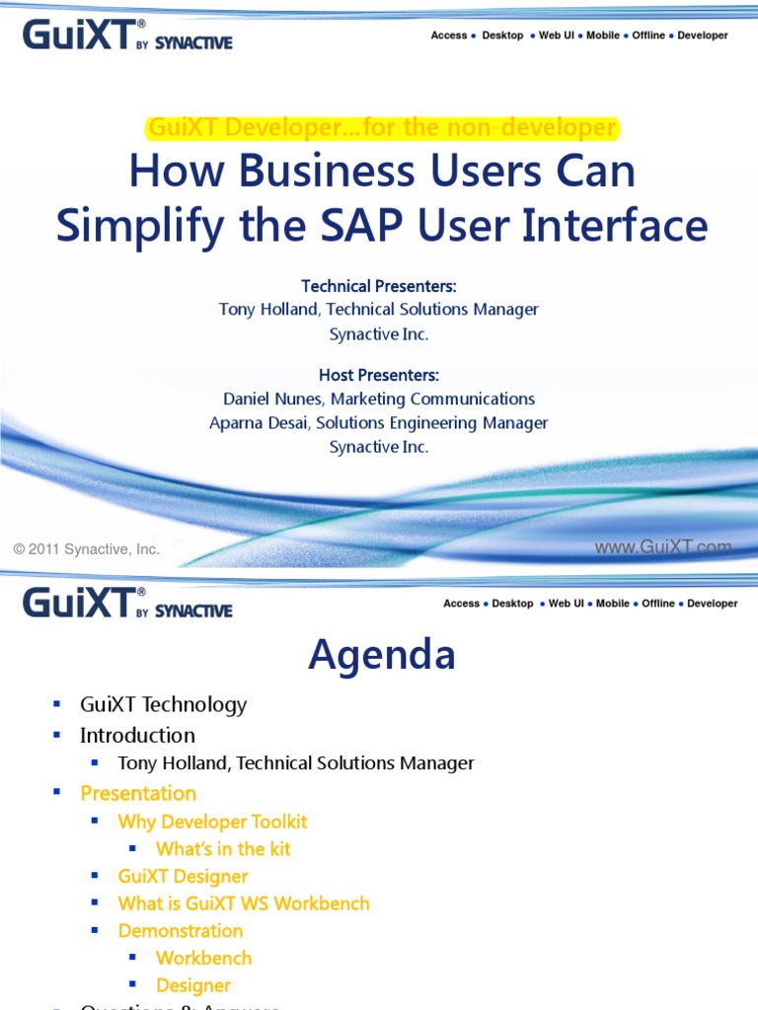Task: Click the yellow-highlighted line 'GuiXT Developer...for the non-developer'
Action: (381, 127)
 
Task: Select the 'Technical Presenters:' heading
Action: (379, 286)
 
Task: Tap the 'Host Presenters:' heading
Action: (379, 375)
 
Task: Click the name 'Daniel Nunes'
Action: (273, 398)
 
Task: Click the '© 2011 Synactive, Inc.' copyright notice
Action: (86, 549)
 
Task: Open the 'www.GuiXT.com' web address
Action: (662, 546)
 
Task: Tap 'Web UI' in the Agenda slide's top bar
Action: (567, 604)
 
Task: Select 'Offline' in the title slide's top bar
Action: (648, 36)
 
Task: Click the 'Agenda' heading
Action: (381, 655)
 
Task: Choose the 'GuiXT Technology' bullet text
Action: (163, 704)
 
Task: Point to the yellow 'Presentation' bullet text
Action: (138, 793)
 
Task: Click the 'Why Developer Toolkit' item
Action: (212, 822)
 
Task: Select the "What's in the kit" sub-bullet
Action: (223, 848)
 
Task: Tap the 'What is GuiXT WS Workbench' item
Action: (244, 903)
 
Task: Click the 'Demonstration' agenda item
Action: (180, 931)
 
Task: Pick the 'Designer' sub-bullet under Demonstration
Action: (193, 985)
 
